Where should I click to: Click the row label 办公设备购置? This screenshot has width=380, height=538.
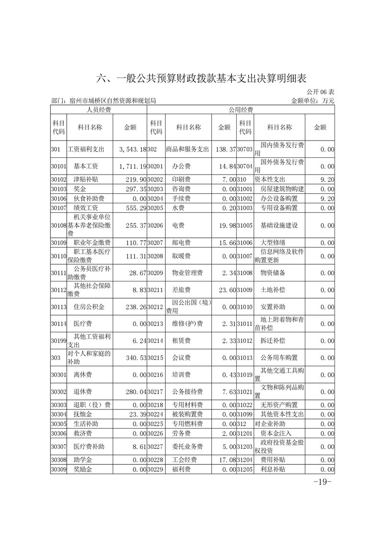(279, 198)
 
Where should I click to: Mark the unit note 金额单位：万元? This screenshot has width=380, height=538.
(312, 101)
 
